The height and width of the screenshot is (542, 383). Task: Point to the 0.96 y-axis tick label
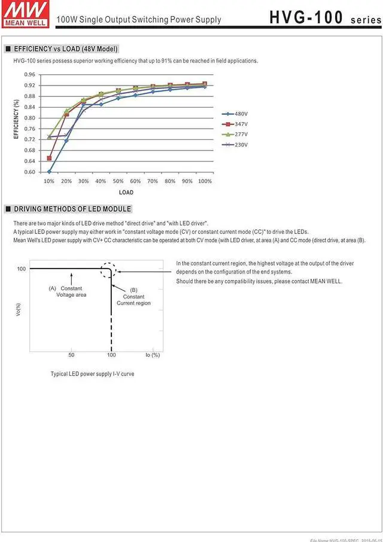pyautogui.click(x=30, y=75)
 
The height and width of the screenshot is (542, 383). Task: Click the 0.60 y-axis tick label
pyautogui.click(x=30, y=172)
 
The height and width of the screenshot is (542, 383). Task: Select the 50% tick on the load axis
pyautogui.click(x=118, y=181)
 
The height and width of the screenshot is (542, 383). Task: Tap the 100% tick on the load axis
pyautogui.click(x=205, y=181)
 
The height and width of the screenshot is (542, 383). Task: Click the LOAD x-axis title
pyautogui.click(x=126, y=193)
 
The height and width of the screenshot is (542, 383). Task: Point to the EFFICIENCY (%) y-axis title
pyautogui.click(x=17, y=120)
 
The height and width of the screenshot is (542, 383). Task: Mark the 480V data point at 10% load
pyautogui.click(x=49, y=172)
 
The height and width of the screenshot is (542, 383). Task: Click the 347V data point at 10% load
pyautogui.click(x=49, y=159)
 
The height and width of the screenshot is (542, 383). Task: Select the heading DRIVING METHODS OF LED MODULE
pyautogui.click(x=72, y=209)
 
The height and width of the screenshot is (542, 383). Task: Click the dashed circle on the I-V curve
pyautogui.click(x=108, y=270)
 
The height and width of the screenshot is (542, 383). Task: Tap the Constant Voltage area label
pyautogui.click(x=71, y=291)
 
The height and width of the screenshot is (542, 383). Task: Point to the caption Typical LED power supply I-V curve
pyautogui.click(x=92, y=373)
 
